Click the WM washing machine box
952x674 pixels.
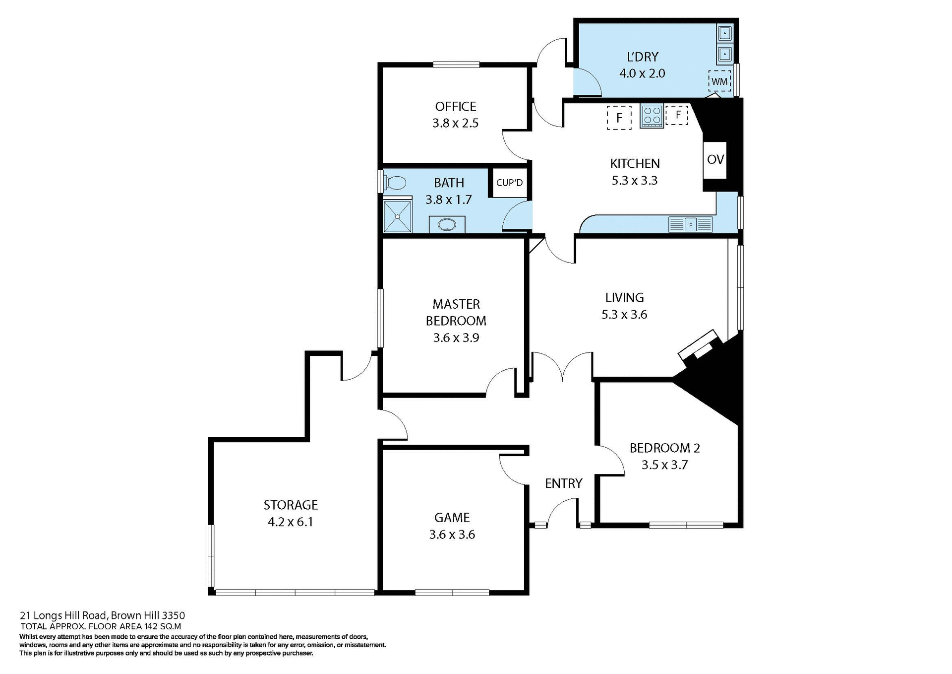(x=719, y=81)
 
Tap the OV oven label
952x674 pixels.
(x=715, y=159)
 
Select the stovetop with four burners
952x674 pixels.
(x=652, y=116)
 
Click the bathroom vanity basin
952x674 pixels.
(x=447, y=225)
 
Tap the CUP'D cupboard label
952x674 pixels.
(x=509, y=183)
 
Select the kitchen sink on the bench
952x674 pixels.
(x=691, y=224)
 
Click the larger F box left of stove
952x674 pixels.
(x=619, y=118)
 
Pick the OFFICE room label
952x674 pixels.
(x=455, y=106)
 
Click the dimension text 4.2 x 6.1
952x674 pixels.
(x=290, y=522)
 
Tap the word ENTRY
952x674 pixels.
(x=563, y=483)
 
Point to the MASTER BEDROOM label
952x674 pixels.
(x=456, y=312)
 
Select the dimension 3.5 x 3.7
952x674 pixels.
(x=664, y=465)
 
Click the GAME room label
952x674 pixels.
(x=452, y=518)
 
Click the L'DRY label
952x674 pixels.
(x=642, y=57)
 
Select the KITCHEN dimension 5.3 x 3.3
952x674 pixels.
(x=634, y=180)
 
